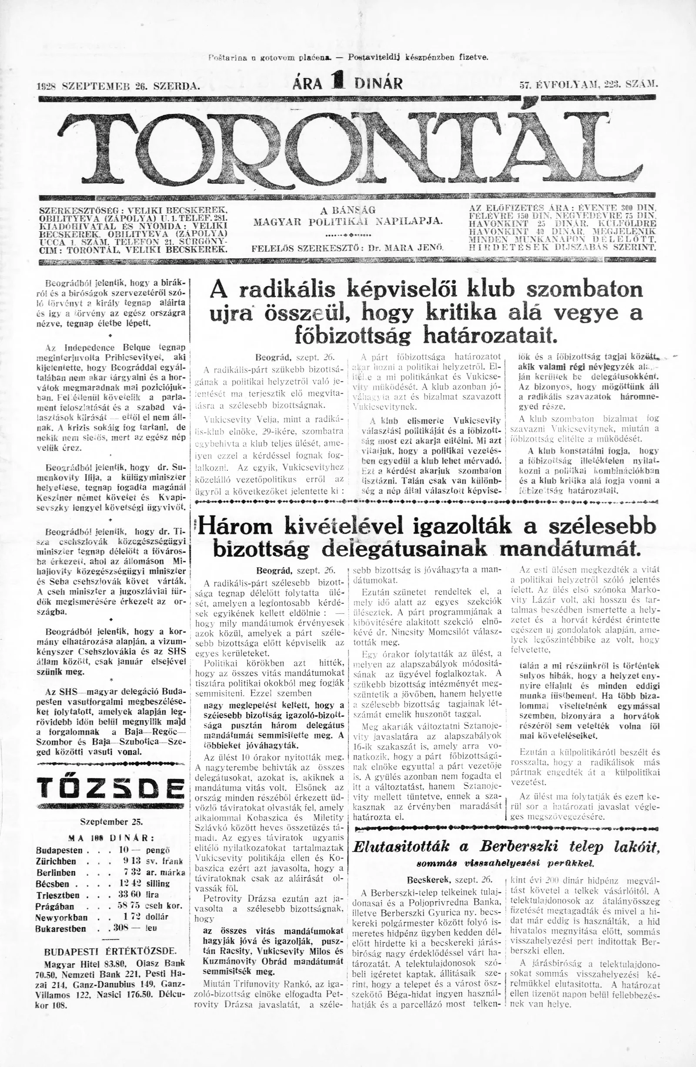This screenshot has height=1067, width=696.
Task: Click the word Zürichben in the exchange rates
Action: (56, 862)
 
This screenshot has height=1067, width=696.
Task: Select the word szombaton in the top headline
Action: (584, 290)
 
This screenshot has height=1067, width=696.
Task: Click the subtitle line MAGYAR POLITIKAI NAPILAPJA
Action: (348, 222)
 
